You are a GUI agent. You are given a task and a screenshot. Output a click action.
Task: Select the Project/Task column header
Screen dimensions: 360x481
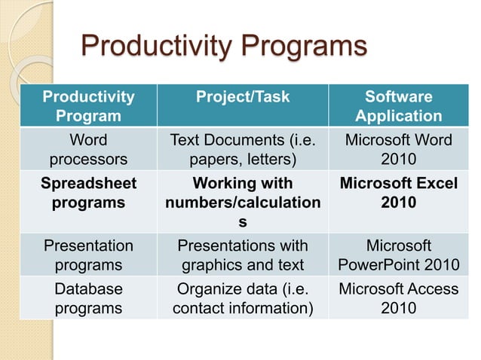[242, 97]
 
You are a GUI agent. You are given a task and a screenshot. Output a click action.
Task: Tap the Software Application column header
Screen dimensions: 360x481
[398, 107]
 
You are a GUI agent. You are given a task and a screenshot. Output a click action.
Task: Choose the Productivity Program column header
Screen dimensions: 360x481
[88, 107]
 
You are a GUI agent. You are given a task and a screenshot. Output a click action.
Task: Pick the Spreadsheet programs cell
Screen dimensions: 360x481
[88, 193]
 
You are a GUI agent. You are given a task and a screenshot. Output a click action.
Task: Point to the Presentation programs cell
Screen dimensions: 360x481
[88, 255]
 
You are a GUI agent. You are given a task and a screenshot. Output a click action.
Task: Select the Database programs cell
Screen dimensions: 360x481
[88, 298]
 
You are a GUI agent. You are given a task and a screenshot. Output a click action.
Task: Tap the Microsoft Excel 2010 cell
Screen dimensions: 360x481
[398, 193]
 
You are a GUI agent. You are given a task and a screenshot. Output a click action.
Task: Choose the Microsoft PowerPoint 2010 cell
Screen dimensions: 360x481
[398, 255]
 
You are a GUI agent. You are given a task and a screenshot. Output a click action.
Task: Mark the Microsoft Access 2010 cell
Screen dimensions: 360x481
[398, 298]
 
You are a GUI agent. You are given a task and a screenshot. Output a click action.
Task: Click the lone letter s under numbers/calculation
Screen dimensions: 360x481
[242, 222]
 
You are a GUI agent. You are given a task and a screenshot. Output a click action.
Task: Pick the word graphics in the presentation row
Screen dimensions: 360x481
[216, 265]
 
